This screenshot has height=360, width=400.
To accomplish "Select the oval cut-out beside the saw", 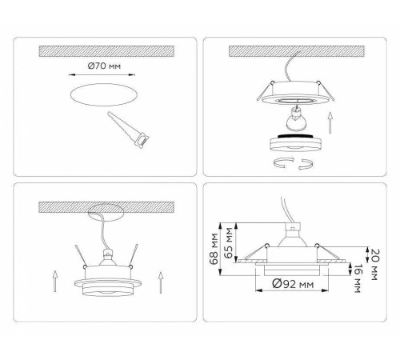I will click(103, 96).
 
